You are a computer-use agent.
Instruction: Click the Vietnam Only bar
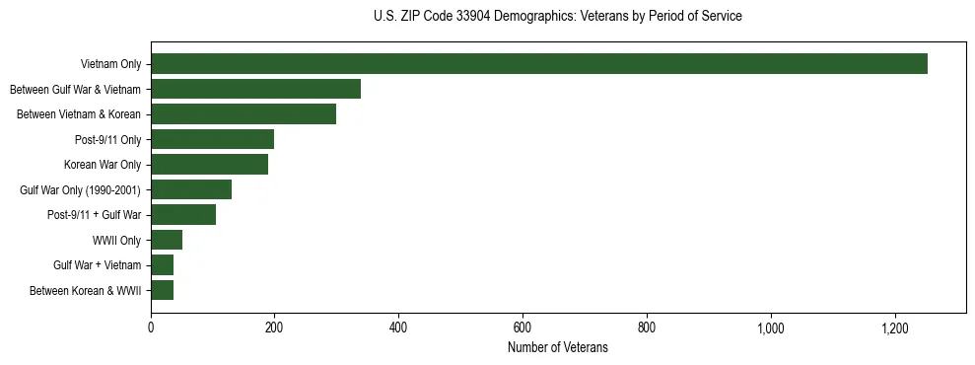click(x=539, y=64)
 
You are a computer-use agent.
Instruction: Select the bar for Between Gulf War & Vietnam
click(x=255, y=89)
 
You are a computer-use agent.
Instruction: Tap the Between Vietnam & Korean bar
click(x=244, y=114)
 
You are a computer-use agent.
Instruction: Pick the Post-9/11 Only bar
click(x=212, y=139)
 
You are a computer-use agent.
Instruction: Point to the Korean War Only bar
click(x=209, y=165)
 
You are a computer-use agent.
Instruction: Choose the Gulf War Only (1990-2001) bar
click(x=191, y=189)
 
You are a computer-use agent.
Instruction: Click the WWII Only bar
click(x=167, y=240)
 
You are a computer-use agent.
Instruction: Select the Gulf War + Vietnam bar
click(x=163, y=265)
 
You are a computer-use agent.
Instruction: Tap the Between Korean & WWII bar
click(x=163, y=290)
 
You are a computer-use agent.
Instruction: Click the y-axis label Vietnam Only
click(x=110, y=65)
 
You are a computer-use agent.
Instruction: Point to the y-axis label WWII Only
click(x=117, y=241)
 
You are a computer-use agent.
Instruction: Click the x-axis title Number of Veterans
click(x=558, y=348)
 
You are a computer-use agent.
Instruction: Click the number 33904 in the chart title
click(x=468, y=17)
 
